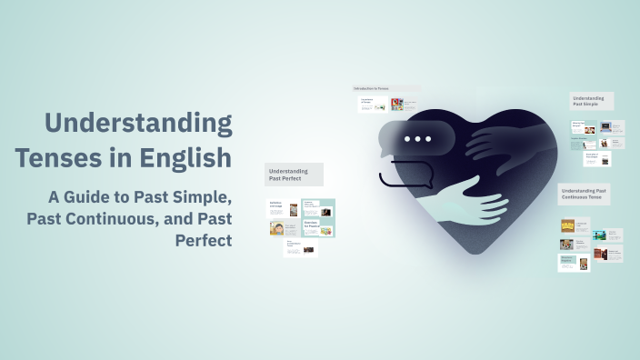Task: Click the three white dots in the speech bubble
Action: tap(417, 139)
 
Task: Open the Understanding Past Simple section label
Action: tap(591, 101)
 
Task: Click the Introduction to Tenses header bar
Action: tap(385, 89)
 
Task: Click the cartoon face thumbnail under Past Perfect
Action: tap(276, 228)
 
